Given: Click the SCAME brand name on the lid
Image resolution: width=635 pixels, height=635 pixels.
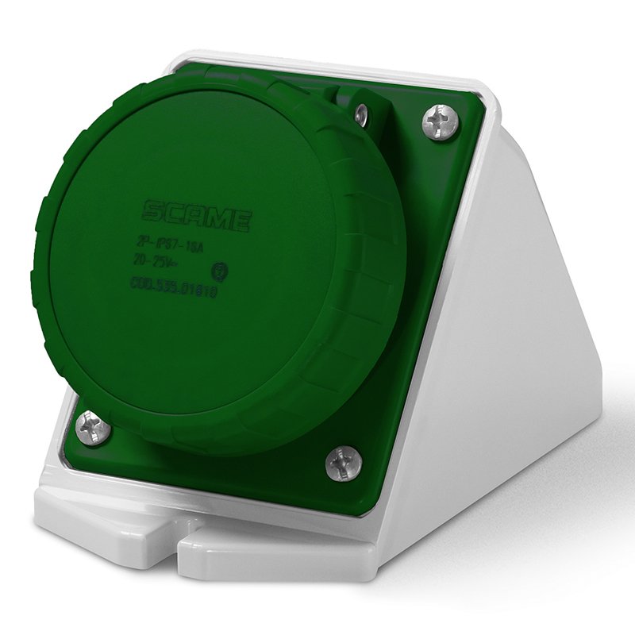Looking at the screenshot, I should (x=198, y=214).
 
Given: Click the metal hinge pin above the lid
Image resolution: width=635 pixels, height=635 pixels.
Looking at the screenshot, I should (x=361, y=114).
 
